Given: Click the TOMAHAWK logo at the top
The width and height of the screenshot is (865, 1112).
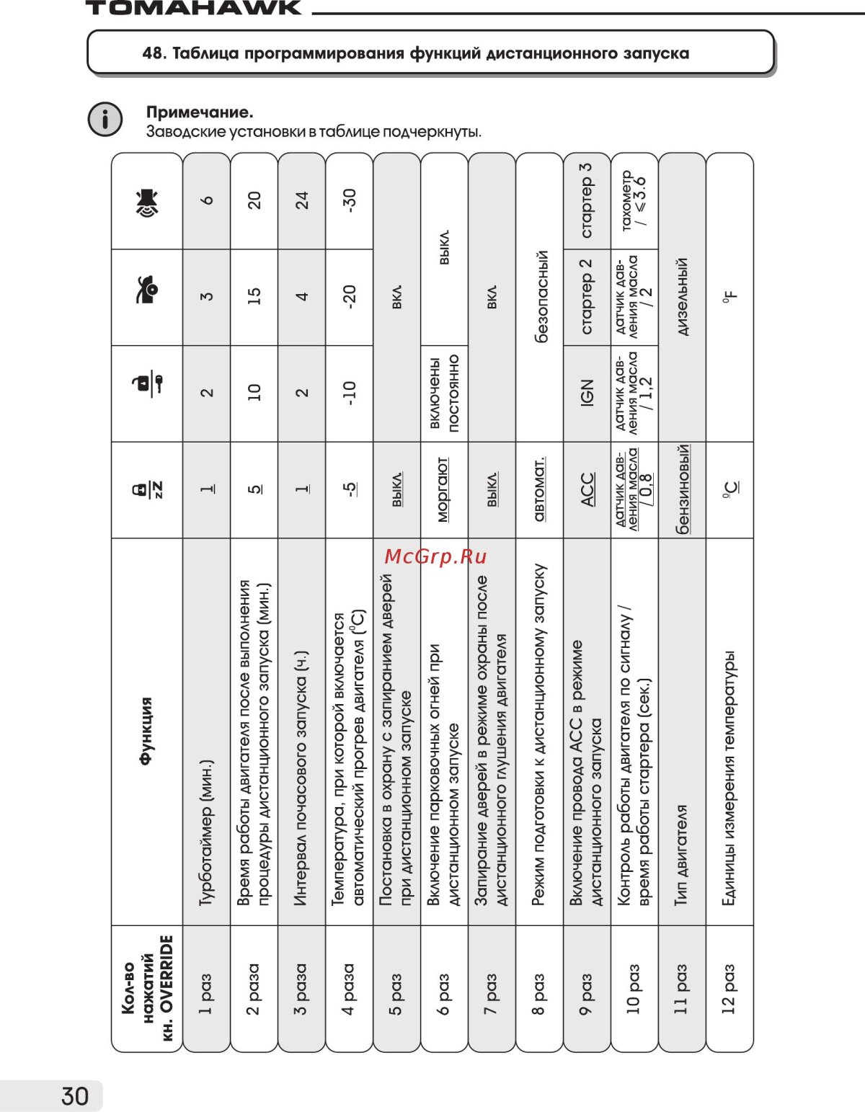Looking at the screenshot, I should tap(193, 8).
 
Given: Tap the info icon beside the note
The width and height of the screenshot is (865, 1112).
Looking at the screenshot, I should tap(105, 119).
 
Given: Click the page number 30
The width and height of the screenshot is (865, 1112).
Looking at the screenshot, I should tap(75, 1095).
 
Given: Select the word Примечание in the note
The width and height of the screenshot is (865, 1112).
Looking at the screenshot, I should tap(200, 112).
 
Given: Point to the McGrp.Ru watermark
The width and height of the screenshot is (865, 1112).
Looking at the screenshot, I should tap(435, 556).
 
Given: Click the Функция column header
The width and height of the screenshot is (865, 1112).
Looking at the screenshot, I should tap(147, 731).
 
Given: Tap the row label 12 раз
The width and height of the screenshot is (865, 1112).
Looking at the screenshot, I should tap(729, 988).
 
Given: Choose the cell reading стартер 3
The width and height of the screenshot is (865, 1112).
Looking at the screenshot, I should tap(587, 200).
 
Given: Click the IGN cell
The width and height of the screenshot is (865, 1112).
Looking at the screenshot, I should tap(587, 393).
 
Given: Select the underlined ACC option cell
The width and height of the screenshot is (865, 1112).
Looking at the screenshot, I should tap(587, 489).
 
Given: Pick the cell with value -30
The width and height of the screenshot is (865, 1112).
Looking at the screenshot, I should tap(349, 200).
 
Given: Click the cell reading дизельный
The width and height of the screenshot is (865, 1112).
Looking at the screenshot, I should tap(682, 297).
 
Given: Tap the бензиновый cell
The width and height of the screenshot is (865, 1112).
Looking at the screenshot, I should tap(682, 489).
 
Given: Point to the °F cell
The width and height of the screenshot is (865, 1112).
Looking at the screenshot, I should tap(729, 297).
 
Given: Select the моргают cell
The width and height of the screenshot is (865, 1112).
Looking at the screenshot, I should tap(444, 489).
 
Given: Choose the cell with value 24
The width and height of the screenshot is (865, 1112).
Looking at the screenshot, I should tap(301, 200).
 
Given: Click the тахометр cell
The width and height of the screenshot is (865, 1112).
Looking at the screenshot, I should tap(634, 200).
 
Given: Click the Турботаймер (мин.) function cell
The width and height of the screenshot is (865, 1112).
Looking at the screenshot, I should tap(207, 832).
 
